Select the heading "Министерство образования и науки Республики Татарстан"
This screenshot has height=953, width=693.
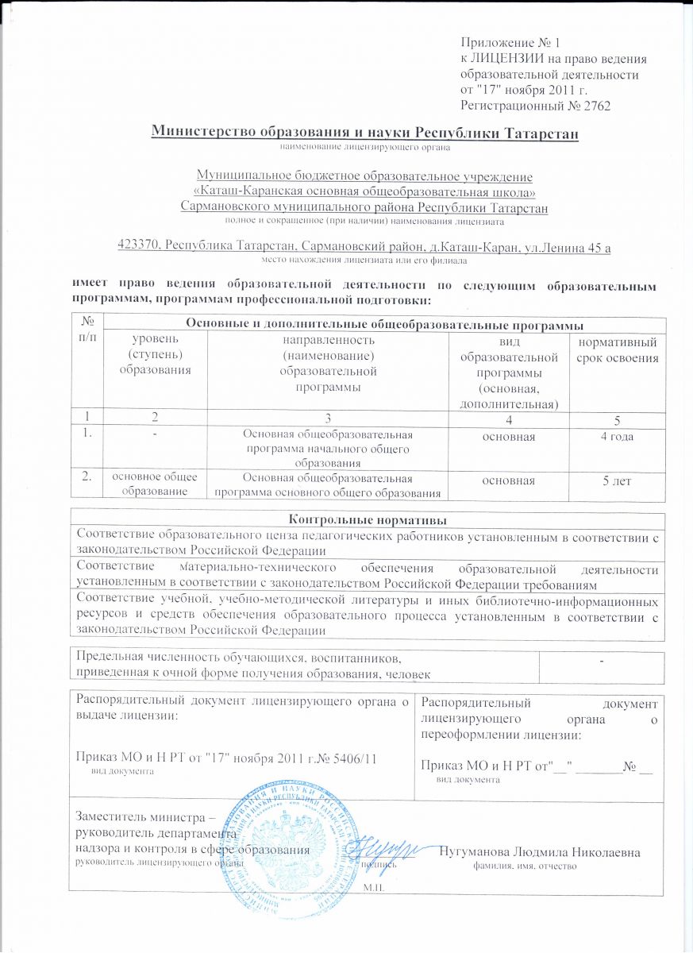click(366, 132)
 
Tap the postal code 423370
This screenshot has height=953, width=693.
click(140, 247)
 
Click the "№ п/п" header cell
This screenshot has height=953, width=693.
click(88, 329)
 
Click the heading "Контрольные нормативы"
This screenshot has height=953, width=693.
click(366, 519)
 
